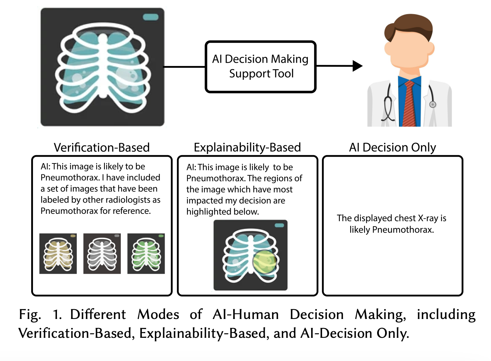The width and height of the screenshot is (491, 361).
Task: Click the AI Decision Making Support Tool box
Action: coord(260,67)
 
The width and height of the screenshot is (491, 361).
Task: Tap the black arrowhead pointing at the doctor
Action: coord(357,66)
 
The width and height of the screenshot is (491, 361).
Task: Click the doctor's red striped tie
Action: coord(409,103)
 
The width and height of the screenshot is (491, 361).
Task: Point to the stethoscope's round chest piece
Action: coord(433,104)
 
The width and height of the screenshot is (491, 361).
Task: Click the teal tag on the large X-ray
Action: coord(150,17)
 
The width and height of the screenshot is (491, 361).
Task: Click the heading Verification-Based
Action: coord(102,147)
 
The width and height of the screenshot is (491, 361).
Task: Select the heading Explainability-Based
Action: coord(247,148)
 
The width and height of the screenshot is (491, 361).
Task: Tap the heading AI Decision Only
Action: coord(392,147)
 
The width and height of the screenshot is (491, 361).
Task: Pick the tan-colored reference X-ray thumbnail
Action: coord(58,254)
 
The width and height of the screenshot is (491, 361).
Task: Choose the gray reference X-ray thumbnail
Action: coord(102,254)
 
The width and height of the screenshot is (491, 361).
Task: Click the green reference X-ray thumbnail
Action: coord(146,254)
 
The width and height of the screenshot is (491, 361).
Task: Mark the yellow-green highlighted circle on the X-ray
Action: coord(265,262)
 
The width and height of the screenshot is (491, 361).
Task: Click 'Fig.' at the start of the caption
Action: coord(30,315)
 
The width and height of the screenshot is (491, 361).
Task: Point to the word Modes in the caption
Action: coord(158,315)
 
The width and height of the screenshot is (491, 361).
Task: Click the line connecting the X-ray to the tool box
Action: coord(185,67)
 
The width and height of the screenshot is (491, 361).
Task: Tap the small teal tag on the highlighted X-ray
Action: coord(279,225)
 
